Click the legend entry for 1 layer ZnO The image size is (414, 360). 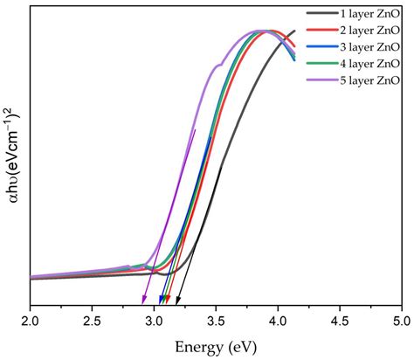[x=364, y=14]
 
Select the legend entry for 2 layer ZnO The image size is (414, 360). [x=364, y=31]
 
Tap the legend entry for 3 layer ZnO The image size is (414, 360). [x=364, y=47]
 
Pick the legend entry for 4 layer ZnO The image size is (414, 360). [x=364, y=64]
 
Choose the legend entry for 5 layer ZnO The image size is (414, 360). [x=364, y=80]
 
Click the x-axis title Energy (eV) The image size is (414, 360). [x=215, y=346]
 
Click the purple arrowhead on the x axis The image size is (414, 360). [x=144, y=301]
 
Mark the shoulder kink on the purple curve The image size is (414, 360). [x=220, y=65]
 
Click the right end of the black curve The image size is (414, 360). [x=294, y=31]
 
